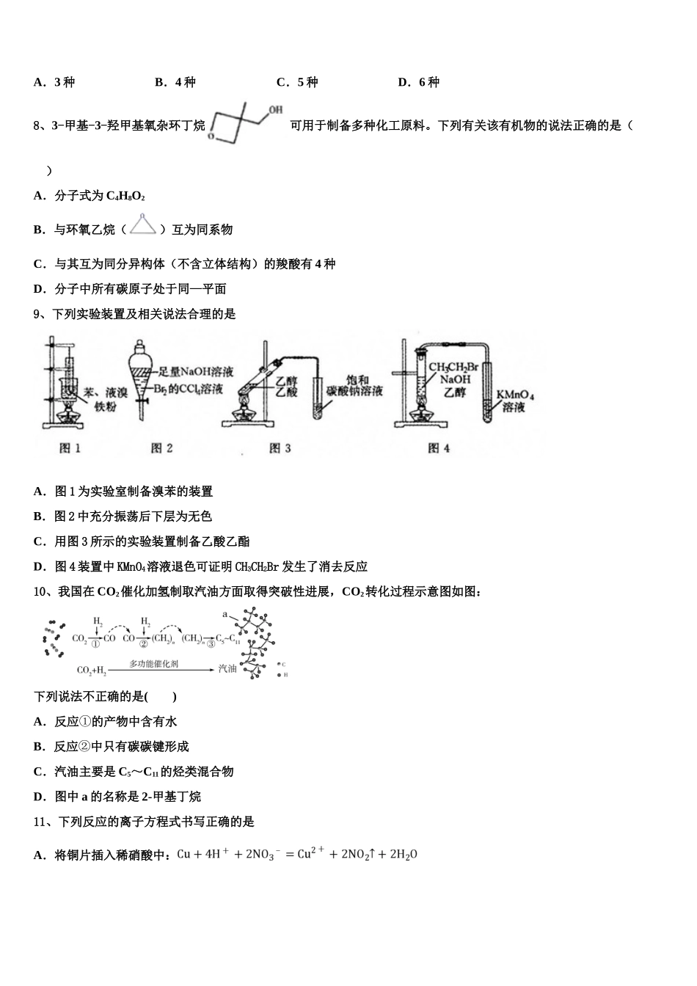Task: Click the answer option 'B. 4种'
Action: click(175, 82)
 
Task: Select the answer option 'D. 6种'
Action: click(418, 82)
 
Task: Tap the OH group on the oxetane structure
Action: click(275, 110)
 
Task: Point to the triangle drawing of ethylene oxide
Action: click(144, 227)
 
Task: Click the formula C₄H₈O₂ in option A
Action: click(125, 196)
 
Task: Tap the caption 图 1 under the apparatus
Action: click(70, 448)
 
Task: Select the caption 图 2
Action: click(162, 448)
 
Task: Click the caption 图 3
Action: click(280, 448)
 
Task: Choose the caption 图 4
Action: click(439, 448)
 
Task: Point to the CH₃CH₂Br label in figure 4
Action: click(453, 367)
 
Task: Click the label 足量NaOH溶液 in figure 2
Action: click(191, 372)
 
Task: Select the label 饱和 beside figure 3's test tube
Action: click(357, 380)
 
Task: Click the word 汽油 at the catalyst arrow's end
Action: click(227, 669)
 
